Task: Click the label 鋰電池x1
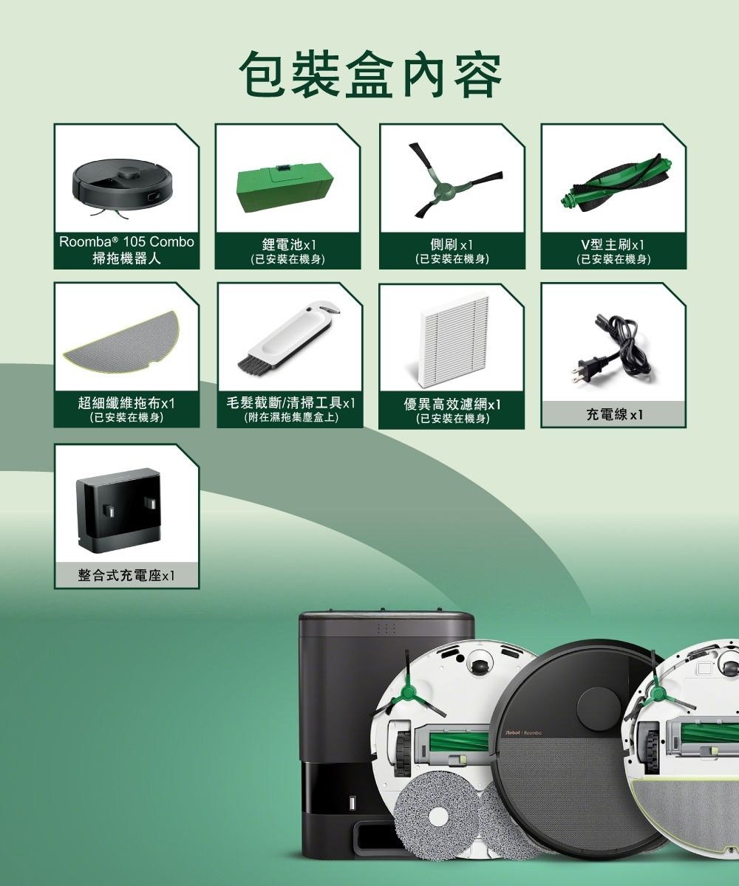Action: click(x=287, y=244)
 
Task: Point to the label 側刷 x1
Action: click(x=452, y=244)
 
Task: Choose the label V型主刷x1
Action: click(x=613, y=244)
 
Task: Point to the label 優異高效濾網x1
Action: click(x=452, y=405)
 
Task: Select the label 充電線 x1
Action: click(x=613, y=415)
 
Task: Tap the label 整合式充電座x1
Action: click(x=126, y=575)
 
